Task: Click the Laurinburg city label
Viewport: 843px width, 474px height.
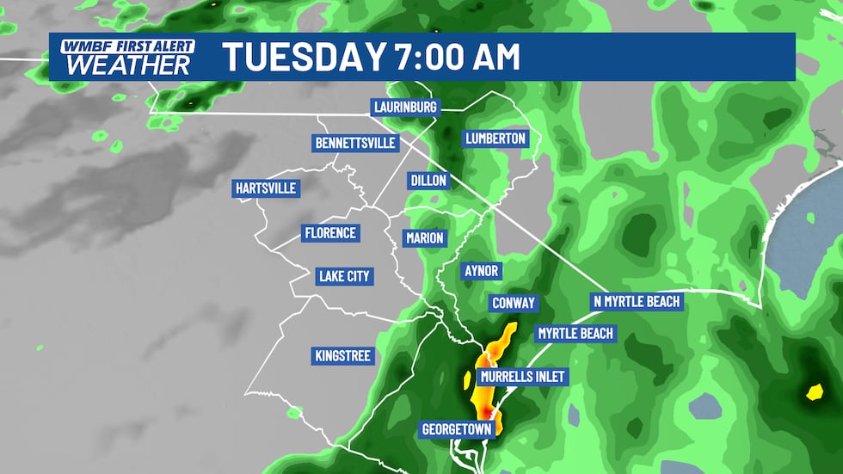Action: click(406, 108)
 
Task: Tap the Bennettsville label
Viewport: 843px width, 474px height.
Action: click(356, 142)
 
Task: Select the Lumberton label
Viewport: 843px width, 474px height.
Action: click(495, 139)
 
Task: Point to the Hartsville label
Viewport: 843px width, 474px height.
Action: click(265, 188)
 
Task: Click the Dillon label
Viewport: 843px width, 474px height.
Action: click(428, 181)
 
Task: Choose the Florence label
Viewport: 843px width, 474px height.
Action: click(329, 233)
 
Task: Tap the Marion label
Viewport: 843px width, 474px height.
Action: click(425, 237)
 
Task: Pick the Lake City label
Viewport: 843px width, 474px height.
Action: click(343, 276)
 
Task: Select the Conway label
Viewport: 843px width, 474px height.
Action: click(514, 303)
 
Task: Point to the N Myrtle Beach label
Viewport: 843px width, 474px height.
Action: click(637, 301)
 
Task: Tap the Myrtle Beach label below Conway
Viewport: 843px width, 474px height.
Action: click(575, 333)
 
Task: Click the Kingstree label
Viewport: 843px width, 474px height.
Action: click(342, 355)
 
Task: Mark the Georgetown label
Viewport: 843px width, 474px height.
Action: click(456, 428)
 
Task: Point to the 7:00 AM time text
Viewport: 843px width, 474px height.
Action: click(457, 57)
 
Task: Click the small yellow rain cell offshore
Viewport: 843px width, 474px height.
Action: click(813, 392)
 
